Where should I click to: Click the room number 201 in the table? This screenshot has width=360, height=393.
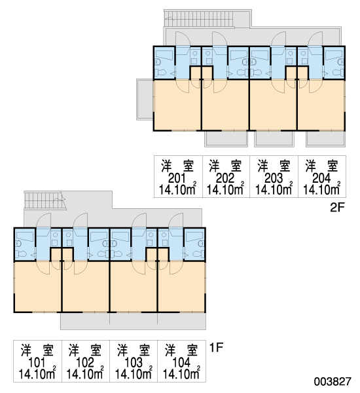177,178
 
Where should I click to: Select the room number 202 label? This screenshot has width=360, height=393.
225,178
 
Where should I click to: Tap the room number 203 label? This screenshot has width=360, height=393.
274,178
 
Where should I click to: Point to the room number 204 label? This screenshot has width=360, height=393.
321,178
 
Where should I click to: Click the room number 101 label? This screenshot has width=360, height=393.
37,363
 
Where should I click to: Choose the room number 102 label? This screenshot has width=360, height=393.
84,363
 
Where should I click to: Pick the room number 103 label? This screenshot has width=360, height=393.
134,363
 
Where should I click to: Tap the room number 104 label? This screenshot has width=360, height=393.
181,363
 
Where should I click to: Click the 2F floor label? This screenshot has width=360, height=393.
338,207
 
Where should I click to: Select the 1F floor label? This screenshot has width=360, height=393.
216,348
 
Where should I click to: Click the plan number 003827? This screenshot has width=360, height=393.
333,382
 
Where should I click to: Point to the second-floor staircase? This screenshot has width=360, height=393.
200,18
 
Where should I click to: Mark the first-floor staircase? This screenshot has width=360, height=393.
45,200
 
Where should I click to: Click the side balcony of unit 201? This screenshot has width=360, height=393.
145,100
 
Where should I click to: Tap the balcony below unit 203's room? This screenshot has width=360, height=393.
274,139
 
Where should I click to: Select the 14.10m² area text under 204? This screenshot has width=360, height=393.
322,189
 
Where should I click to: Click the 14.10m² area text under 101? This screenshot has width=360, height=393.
37,374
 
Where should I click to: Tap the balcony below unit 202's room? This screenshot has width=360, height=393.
226,139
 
